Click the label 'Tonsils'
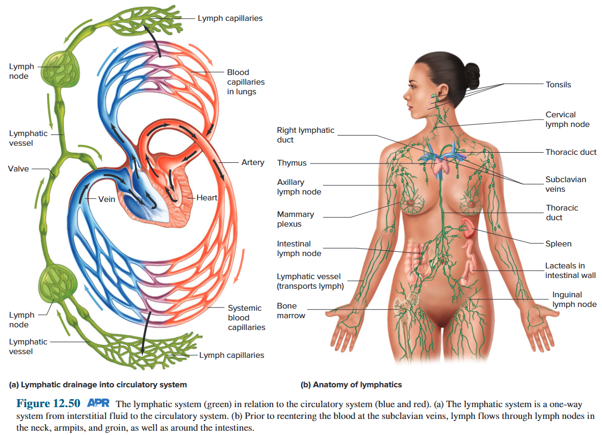coord(558,85)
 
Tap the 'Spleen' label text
coord(558,244)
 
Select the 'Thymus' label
coord(292,163)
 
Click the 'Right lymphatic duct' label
coord(305,135)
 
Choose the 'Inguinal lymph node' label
coord(574,299)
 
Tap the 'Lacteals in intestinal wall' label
coord(570,271)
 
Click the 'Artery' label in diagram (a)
coord(253,162)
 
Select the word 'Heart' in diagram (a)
coord(207,198)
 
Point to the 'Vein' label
coord(107,199)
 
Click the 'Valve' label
coord(18,169)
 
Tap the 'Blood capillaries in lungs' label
coord(245,82)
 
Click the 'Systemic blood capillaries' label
coord(246,318)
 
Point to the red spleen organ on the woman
coord(470,228)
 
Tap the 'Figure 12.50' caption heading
coord(48,403)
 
